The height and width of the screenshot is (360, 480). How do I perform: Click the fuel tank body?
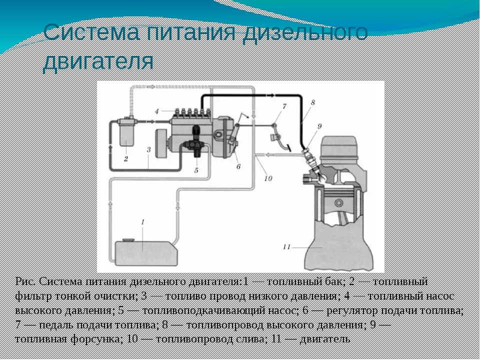tap(146, 253)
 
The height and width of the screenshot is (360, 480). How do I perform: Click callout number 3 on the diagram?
tap(148, 149)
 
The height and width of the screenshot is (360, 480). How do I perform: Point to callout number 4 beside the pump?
tap(157, 111)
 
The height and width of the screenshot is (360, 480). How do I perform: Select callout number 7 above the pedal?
tap(284, 106)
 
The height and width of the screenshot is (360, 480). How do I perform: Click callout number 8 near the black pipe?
tap(312, 102)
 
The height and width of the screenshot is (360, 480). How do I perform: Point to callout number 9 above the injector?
tap(319, 126)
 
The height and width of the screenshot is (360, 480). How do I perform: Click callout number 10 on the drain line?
tap(268, 178)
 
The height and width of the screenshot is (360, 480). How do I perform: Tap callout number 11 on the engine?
tap(286, 246)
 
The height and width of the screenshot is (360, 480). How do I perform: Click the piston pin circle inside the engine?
tap(339, 202)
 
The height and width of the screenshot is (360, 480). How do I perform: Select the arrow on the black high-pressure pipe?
tap(270, 96)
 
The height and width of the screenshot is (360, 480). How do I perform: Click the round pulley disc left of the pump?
tap(161, 143)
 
